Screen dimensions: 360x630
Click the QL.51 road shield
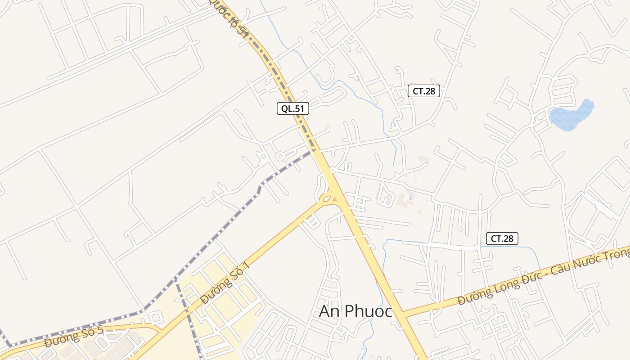(x=292, y=108)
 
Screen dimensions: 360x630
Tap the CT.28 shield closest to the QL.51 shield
(x=423, y=91)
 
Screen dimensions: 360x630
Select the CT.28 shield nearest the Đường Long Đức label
(x=502, y=238)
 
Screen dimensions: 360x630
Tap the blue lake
(x=571, y=116)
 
